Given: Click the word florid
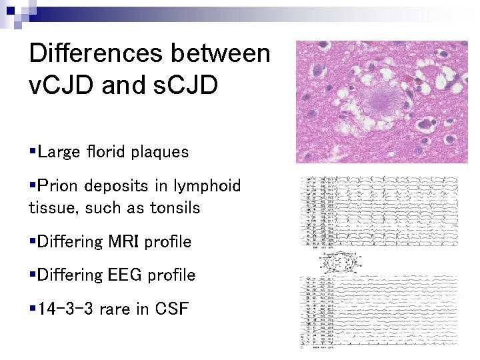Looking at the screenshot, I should [105, 152].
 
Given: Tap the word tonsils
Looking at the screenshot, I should [176, 208].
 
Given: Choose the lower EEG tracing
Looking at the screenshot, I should [379, 313].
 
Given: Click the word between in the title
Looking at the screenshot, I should [226, 53].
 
